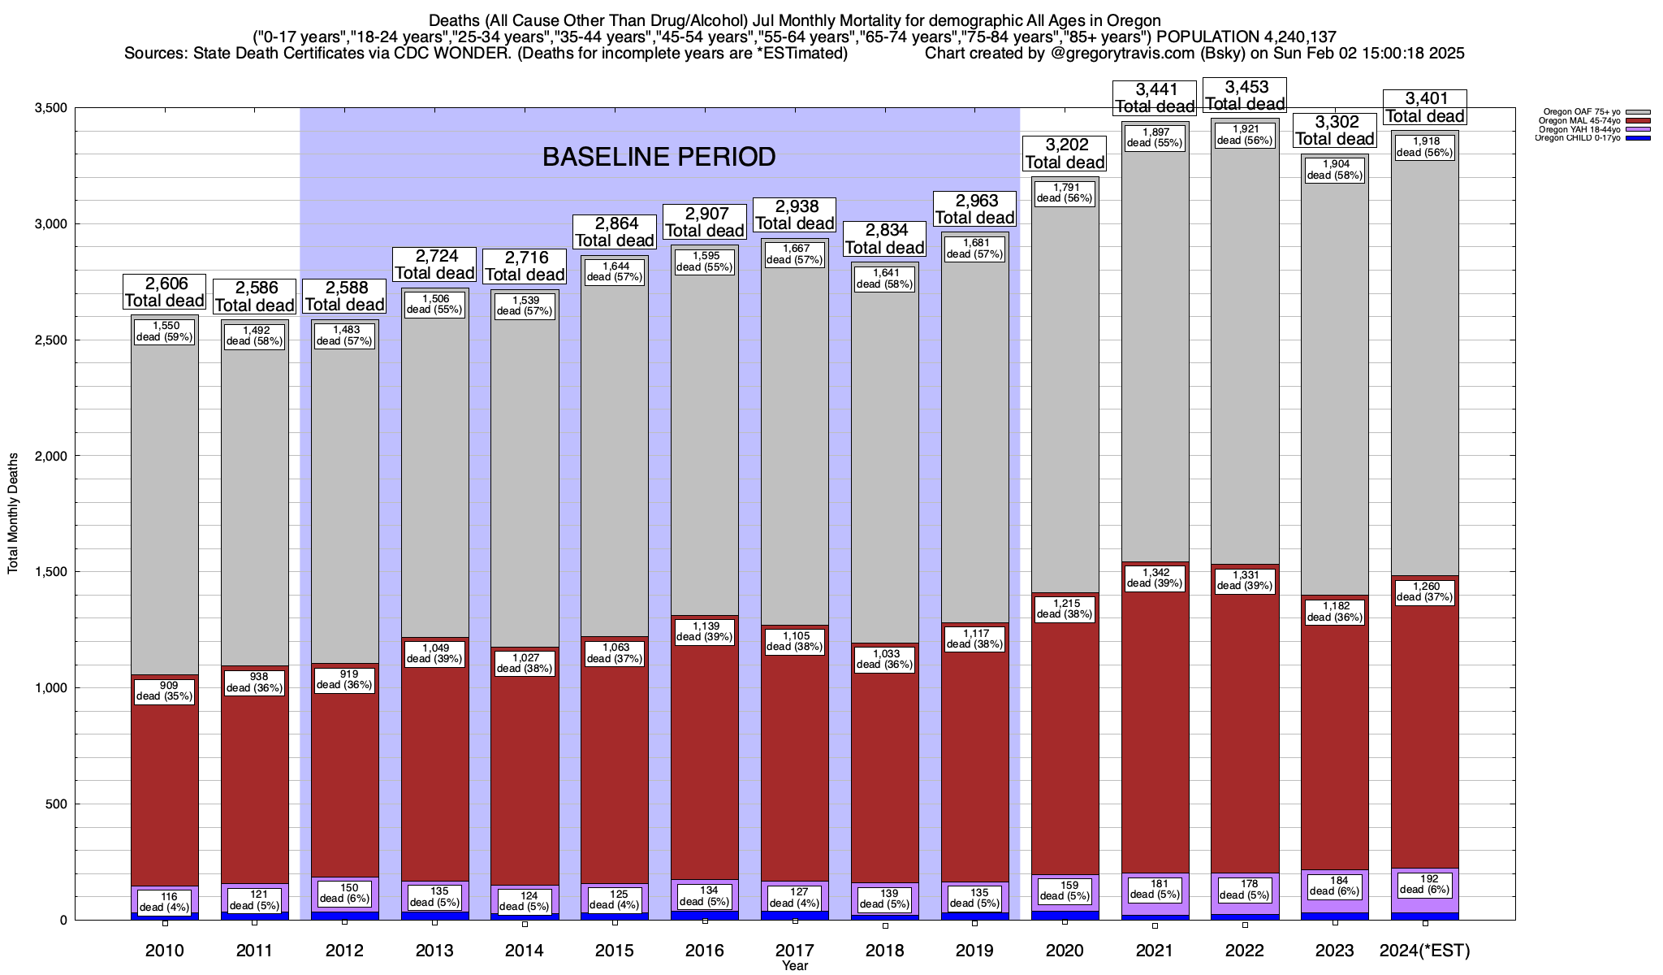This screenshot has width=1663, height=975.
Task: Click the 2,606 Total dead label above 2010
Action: coord(165,292)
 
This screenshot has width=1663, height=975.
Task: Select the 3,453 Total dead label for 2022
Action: coord(1245,95)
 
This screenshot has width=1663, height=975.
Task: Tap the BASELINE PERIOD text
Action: coord(659,157)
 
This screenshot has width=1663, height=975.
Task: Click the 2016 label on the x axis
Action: coord(705,950)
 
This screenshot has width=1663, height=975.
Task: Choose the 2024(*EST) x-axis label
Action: coord(1425,950)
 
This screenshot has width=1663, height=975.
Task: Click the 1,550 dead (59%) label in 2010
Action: coord(165,331)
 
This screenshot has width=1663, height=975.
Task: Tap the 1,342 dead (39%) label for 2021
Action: coord(1155,578)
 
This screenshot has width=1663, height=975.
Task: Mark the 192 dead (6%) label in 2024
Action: coord(1425,884)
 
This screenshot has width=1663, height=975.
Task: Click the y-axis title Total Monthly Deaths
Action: coord(13,513)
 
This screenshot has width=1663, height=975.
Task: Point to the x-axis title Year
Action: coord(795,966)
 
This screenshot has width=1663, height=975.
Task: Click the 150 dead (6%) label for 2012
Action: coord(345,893)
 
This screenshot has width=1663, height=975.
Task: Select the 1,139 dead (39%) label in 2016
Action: coord(705,631)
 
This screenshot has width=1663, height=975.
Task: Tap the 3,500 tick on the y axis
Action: coord(50,108)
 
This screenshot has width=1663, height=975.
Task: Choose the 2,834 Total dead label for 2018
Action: coord(885,239)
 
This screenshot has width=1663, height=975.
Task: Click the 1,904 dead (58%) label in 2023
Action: coord(1335,169)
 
